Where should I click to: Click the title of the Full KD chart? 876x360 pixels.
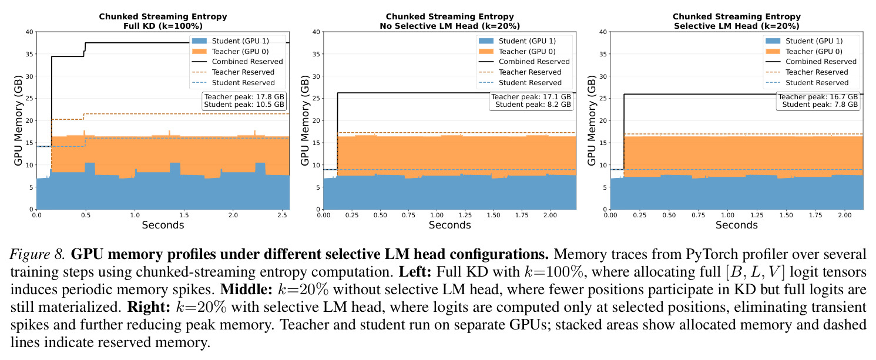tap(163, 21)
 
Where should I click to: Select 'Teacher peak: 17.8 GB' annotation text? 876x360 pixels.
tap(244, 96)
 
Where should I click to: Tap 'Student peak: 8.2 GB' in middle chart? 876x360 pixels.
tap(533, 105)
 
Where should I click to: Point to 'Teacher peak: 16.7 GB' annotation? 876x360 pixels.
tap(818, 96)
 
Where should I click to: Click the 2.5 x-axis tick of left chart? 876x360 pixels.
tap(282, 215)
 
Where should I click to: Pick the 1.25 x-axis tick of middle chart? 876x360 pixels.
tap(465, 215)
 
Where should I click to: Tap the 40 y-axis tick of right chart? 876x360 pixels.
tap(603, 32)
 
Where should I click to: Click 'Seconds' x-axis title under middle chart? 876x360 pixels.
tap(449, 225)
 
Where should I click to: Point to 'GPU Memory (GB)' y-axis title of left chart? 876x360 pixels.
tap(18, 120)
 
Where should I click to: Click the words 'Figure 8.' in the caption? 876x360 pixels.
tap(37, 254)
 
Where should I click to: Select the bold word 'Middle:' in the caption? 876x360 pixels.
tap(246, 290)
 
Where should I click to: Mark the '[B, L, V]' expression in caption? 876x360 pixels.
tap(755, 272)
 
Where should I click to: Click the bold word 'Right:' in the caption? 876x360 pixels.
tap(149, 307)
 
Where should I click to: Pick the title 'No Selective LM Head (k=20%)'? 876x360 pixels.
tap(449, 26)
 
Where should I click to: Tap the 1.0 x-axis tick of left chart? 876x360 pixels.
tap(135, 215)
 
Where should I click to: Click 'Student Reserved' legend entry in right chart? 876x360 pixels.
tap(817, 82)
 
